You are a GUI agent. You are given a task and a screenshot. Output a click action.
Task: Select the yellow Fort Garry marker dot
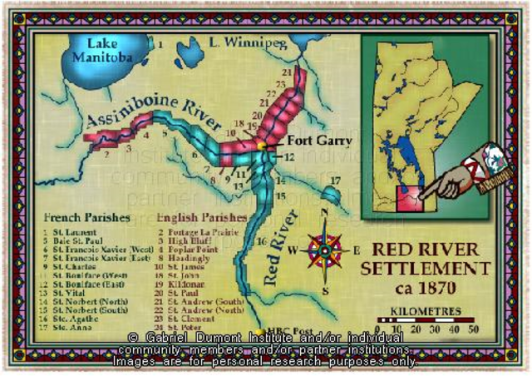click(x=261, y=146)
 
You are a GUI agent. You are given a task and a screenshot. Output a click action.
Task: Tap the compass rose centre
click(x=326, y=249)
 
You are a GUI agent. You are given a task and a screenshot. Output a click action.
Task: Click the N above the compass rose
click(x=325, y=213)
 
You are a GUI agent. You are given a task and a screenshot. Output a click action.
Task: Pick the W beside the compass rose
click(x=293, y=250)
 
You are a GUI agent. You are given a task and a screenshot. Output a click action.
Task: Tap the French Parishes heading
click(x=86, y=218)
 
